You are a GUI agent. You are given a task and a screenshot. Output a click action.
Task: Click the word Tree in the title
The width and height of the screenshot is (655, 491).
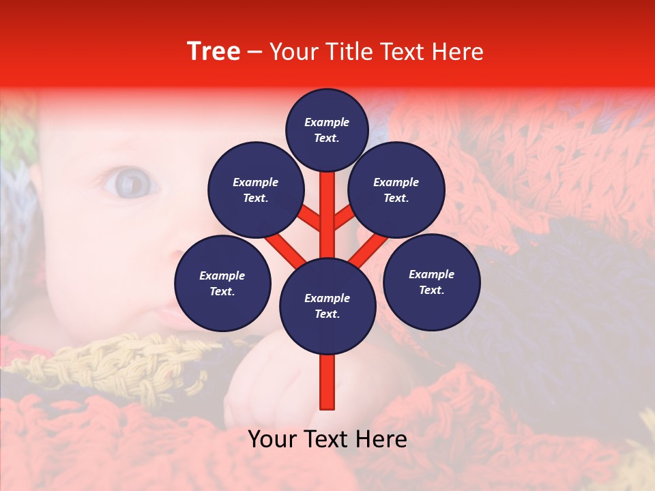[214, 52]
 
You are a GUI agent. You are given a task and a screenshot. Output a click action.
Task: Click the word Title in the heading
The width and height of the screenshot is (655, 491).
[345, 52]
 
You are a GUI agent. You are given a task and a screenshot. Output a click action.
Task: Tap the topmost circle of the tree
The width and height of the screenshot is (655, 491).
[327, 130]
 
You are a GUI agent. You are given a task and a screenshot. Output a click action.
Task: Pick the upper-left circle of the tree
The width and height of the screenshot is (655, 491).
[256, 190]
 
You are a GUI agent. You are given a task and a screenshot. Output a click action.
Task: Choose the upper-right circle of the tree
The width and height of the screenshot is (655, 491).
[396, 190]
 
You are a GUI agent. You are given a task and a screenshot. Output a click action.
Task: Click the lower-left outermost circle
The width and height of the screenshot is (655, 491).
[222, 283]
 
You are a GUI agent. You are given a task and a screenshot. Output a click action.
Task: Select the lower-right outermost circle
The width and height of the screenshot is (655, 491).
[431, 282]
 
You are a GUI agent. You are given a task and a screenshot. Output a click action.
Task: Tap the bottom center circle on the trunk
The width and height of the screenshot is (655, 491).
[327, 306]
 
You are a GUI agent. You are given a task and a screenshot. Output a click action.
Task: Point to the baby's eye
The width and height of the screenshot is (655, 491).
[130, 183]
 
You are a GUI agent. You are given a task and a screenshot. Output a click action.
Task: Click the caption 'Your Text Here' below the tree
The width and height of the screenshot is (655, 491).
[327, 439]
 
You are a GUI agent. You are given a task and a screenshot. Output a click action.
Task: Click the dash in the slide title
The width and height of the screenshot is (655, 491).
[254, 53]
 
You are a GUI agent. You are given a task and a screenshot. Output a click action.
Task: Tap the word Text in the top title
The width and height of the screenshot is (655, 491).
[401, 52]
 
